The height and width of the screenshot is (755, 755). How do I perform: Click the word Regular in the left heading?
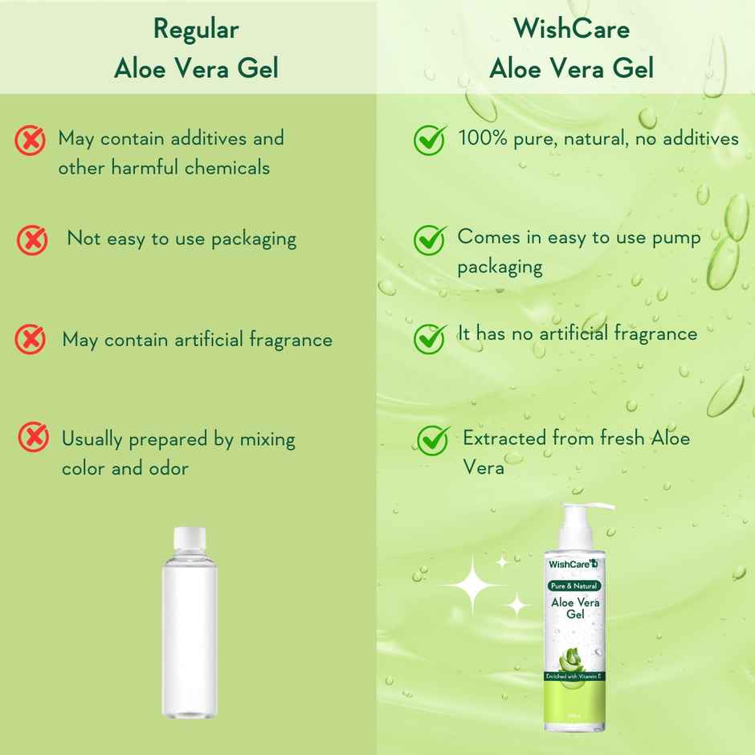tap(196, 30)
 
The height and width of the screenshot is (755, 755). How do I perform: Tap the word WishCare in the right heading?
tap(571, 29)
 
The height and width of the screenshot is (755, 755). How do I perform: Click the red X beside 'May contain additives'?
tap(31, 141)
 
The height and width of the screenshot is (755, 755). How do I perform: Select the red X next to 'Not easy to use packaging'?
tap(32, 239)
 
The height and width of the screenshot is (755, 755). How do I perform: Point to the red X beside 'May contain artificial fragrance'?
tap(31, 339)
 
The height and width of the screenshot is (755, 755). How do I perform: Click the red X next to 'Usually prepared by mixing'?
tap(33, 438)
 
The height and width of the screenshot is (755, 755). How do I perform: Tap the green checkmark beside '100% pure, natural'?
tap(430, 140)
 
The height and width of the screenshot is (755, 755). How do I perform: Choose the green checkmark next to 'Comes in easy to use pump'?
tap(430, 239)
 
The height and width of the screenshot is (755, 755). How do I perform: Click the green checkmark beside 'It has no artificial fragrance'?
tap(430, 337)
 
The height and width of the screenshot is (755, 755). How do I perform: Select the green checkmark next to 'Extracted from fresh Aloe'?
tap(433, 439)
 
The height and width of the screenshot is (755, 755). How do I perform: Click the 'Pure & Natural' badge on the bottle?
tap(573, 586)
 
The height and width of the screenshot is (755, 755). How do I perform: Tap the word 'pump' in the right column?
tap(679, 237)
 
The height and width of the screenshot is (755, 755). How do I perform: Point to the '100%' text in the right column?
tap(482, 138)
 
